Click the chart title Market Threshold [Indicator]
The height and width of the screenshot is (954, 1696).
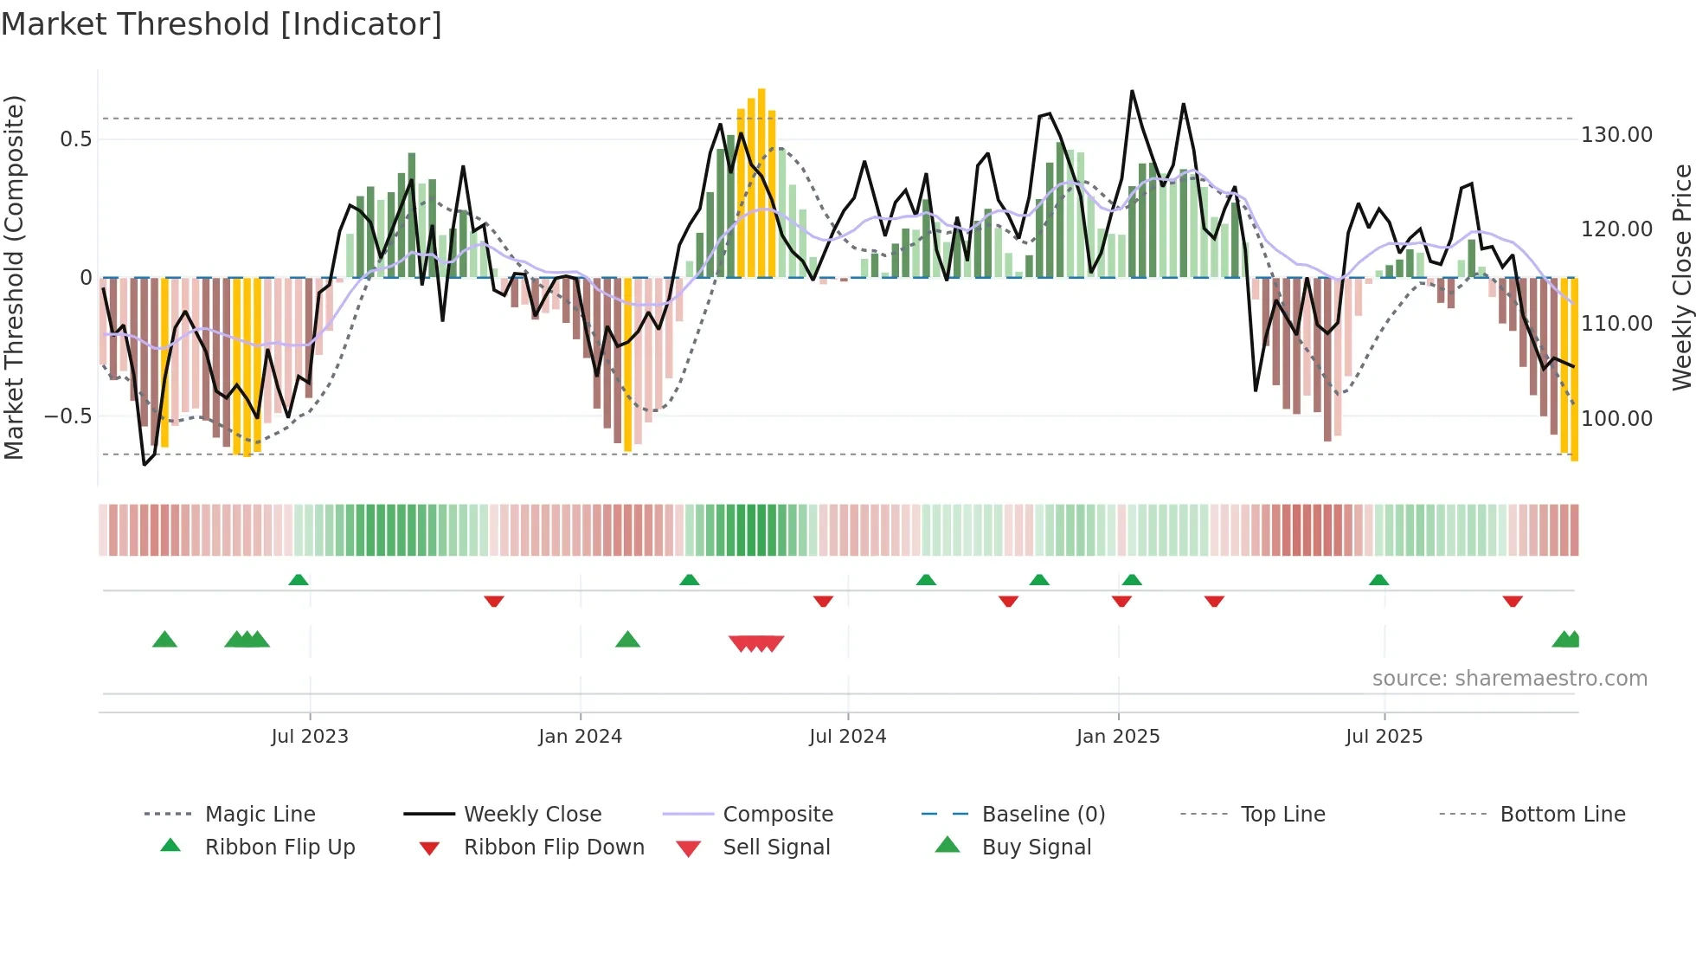[x=222, y=24]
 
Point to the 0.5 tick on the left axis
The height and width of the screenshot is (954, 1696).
[x=75, y=139]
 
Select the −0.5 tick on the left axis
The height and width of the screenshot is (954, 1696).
[x=68, y=416]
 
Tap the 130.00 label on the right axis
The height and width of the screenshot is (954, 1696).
[x=1616, y=135]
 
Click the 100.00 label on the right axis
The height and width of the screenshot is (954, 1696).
[x=1616, y=419]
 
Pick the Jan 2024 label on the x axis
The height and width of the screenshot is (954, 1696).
[x=580, y=737]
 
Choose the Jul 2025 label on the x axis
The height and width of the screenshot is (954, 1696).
[x=1384, y=737]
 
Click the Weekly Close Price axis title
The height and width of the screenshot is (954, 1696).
[x=1681, y=277]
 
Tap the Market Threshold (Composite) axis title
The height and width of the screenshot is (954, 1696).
[x=14, y=277]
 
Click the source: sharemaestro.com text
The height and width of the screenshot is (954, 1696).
[x=1509, y=679]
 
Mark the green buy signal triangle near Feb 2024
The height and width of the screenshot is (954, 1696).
[x=627, y=640]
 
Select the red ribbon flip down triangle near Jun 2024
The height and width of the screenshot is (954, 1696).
[x=823, y=601]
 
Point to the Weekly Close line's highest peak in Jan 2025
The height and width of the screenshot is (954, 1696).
[x=1131, y=91]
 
